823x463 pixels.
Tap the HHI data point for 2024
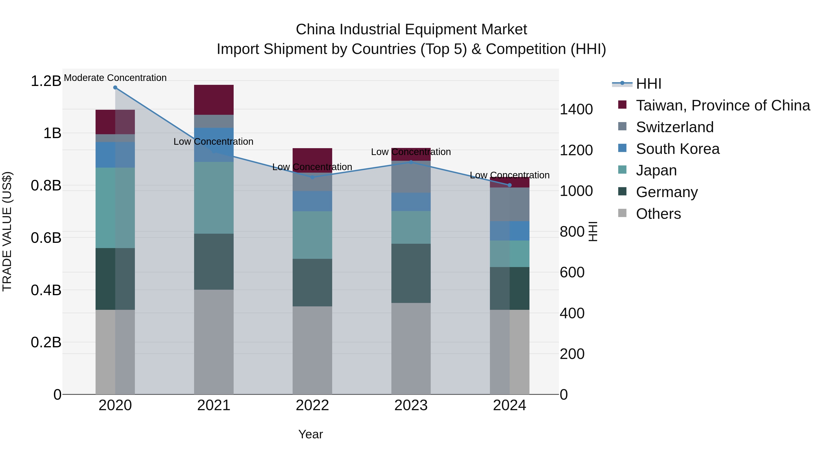pyautogui.click(x=510, y=185)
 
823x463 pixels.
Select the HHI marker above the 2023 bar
pyautogui.click(x=411, y=162)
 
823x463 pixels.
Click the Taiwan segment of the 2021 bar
pyautogui.click(x=214, y=100)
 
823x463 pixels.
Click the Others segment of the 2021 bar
pyautogui.click(x=214, y=342)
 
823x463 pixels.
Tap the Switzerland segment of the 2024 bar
pyautogui.click(x=510, y=204)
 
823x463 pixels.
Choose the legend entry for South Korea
pyautogui.click(x=677, y=149)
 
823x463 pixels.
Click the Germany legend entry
pyautogui.click(x=666, y=192)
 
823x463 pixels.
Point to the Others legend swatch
pyautogui.click(x=622, y=213)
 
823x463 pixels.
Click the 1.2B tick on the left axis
pyautogui.click(x=46, y=81)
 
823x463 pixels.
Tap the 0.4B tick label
pyautogui.click(x=46, y=290)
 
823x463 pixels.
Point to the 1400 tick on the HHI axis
pyautogui.click(x=576, y=110)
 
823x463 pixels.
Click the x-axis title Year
pyautogui.click(x=310, y=434)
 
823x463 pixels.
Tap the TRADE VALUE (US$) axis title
pyautogui.click(x=7, y=231)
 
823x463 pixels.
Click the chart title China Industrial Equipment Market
pyautogui.click(x=411, y=29)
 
